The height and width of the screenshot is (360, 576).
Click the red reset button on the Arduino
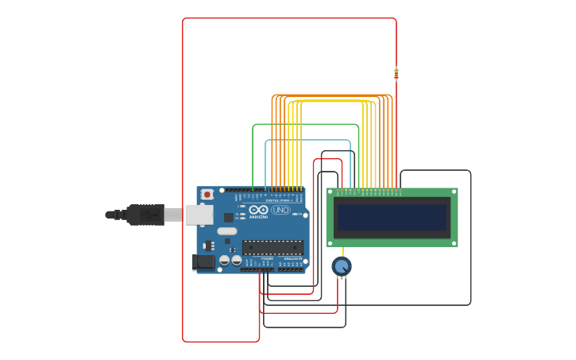(x=207, y=194)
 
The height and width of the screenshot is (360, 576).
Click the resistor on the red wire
(x=396, y=74)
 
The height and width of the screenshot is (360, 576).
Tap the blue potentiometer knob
(x=342, y=266)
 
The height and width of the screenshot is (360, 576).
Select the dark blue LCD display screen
(x=392, y=217)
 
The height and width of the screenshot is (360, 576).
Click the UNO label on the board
(x=281, y=210)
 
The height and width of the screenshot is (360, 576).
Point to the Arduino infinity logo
(x=259, y=210)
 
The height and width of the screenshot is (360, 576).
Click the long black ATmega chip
(x=273, y=247)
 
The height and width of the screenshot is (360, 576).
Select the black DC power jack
(x=204, y=261)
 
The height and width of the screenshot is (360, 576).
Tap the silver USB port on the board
(x=199, y=215)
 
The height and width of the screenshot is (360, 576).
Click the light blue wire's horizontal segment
(x=308, y=141)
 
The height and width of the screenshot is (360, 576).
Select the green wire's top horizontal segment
(x=306, y=124)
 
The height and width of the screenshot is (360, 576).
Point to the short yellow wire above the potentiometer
(x=342, y=250)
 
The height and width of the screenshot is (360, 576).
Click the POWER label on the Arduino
(x=267, y=258)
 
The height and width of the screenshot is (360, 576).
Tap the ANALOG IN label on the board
(x=292, y=258)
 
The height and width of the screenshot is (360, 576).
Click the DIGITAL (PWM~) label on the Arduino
(x=278, y=201)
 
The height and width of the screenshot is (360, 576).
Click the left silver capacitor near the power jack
(x=225, y=260)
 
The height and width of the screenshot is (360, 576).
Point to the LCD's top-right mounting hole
(x=454, y=192)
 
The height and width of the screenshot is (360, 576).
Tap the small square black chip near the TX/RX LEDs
(x=229, y=217)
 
